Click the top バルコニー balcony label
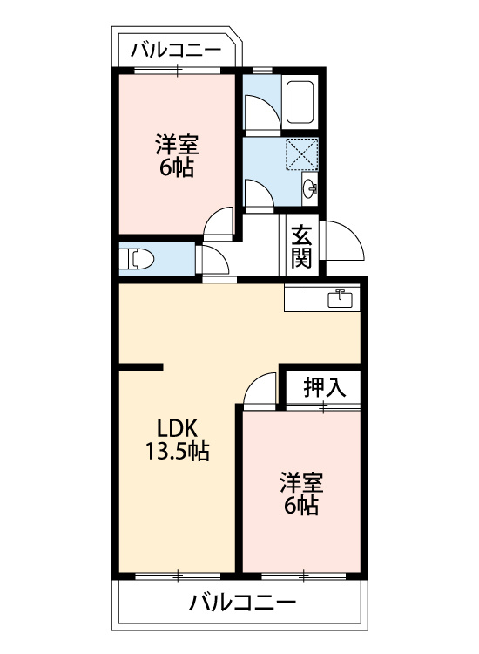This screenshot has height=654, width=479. pos(176,50)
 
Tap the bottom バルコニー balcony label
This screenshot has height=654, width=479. pos(243,603)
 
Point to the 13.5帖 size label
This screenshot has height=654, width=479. pos(177,451)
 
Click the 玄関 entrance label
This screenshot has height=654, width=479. pos(301,247)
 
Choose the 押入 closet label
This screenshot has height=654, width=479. pos(325,386)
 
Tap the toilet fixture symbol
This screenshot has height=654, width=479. pos(137,259)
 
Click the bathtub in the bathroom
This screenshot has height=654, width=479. pos(300,102)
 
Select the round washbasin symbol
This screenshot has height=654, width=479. pos(310,189)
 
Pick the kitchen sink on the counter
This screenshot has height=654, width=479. pos(340,298)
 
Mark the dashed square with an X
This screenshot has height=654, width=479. pos(301,153)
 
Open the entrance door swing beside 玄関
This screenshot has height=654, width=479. pos(345,241)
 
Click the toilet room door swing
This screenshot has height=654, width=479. pos(214,260)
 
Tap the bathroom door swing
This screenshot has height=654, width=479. pos(261,112)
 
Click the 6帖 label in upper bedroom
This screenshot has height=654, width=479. pos(176,168)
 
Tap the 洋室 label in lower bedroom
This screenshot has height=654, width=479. pos(301,482)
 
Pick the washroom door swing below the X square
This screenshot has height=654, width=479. pos(259,194)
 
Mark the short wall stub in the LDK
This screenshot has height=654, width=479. pos(141,367)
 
